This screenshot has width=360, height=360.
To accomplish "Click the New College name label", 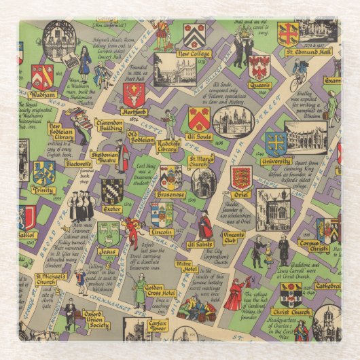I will click(193, 54).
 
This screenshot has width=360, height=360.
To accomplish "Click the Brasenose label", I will click(170, 195).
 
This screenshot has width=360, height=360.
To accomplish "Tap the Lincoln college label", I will click(162, 232).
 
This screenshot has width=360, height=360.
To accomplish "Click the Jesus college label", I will click(108, 251).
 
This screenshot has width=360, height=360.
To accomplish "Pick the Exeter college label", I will click(112, 209).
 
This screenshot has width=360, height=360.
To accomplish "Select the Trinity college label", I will click(43, 191).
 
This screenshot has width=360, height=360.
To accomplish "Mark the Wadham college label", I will click(42, 95).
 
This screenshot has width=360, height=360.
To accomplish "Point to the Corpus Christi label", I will click(312, 246).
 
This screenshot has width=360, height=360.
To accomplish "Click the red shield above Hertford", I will click(133, 94).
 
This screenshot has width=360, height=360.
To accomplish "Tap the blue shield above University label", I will click(275, 143).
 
